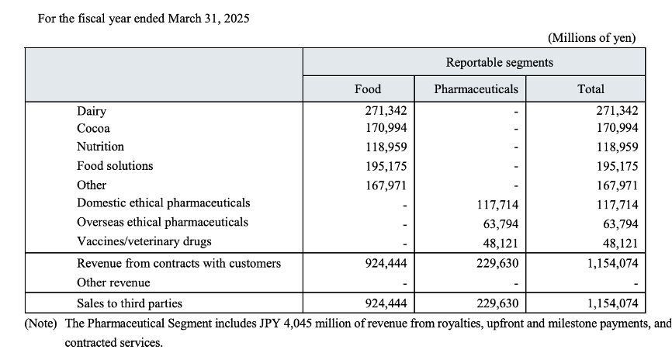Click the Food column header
click(x=368, y=89)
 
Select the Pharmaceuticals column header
click(x=476, y=89)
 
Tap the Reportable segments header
click(x=500, y=63)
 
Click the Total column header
click(x=591, y=89)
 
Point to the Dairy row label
click(x=92, y=112)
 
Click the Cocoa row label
click(x=93, y=129)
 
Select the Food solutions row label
click(x=115, y=166)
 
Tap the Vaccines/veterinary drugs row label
click(x=144, y=241)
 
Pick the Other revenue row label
click(x=113, y=283)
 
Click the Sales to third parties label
click(x=130, y=303)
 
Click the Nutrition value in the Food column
click(x=386, y=147)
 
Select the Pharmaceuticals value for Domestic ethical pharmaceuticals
click(x=497, y=205)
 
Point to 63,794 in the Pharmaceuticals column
click(x=501, y=224)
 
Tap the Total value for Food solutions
click(x=617, y=166)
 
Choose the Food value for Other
click(x=386, y=185)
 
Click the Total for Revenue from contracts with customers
click(x=613, y=263)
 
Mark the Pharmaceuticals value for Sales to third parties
click(x=497, y=304)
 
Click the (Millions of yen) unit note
click(x=592, y=38)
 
